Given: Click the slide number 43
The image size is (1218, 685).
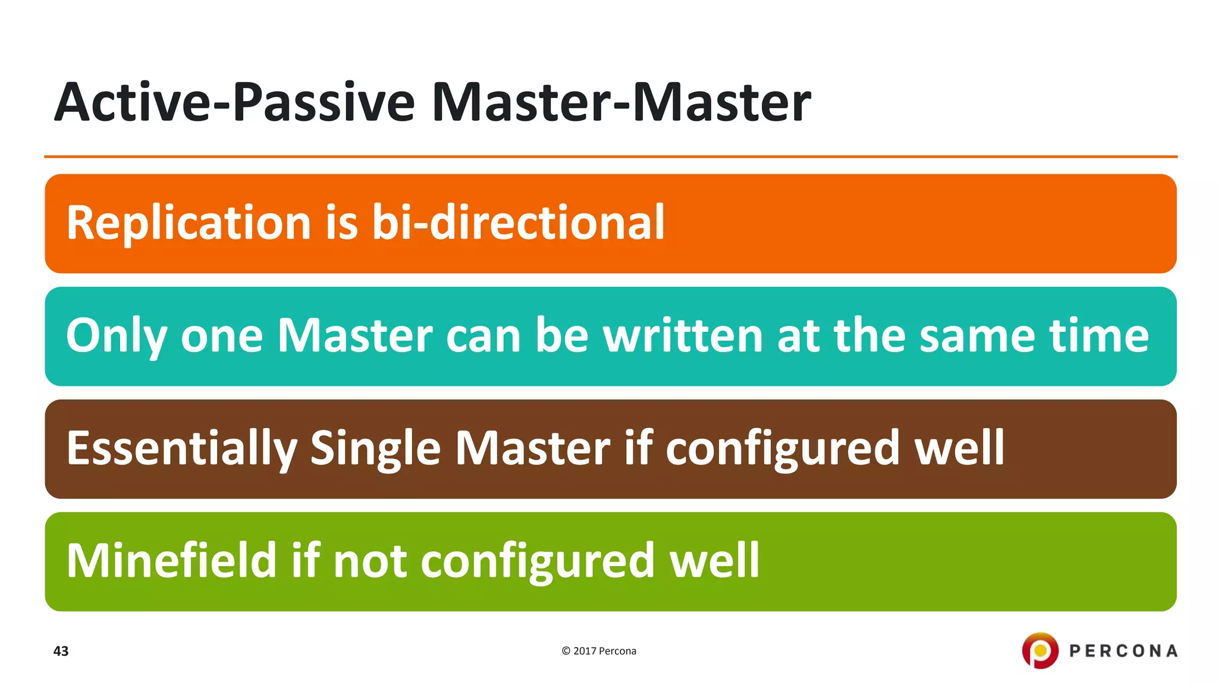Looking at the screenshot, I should (x=61, y=651).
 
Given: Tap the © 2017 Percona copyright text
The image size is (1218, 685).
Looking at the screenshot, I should (x=598, y=651).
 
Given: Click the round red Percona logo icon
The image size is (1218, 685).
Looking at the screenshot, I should (x=1040, y=650).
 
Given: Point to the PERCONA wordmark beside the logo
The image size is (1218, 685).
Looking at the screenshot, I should (x=1123, y=651).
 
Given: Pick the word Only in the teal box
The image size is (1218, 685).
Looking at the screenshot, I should (x=116, y=337).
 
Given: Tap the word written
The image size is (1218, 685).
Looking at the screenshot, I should (x=683, y=335).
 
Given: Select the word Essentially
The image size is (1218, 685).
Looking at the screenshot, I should (x=181, y=449).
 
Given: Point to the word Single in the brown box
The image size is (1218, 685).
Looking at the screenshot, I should (x=375, y=449).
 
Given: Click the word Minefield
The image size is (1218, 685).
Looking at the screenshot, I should (x=171, y=560).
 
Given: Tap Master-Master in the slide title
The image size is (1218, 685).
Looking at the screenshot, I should (x=621, y=102).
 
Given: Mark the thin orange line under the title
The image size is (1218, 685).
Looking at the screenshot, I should (x=610, y=157).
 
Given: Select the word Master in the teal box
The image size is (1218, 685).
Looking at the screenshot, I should (x=355, y=335).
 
